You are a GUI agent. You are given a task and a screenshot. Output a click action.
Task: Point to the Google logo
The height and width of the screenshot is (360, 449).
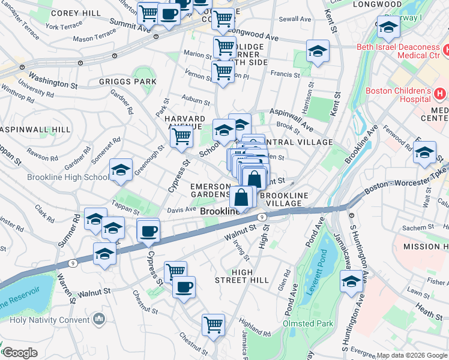coord(19,353)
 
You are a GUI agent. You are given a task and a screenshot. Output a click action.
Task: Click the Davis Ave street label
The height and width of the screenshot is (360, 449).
coord(181,210)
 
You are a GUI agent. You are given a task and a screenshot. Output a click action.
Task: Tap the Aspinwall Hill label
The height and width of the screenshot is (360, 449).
coord(28,130)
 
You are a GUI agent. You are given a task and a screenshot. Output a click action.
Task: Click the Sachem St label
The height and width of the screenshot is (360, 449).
coord(414,228)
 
